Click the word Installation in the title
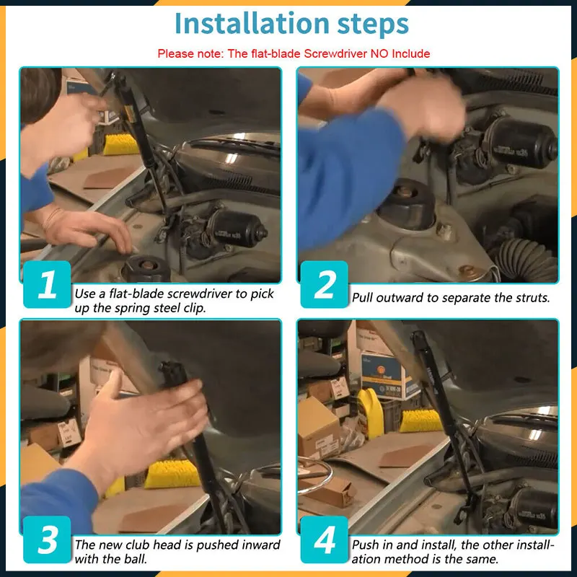(252, 24)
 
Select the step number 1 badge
(47, 284)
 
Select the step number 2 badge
(324, 284)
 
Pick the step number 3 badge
(47, 539)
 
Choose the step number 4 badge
(324, 539)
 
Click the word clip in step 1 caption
(194, 308)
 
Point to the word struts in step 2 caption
(532, 297)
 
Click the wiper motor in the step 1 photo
(235, 228)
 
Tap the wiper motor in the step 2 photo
(519, 141)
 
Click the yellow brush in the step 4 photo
(420, 420)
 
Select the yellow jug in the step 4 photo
(371, 413)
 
